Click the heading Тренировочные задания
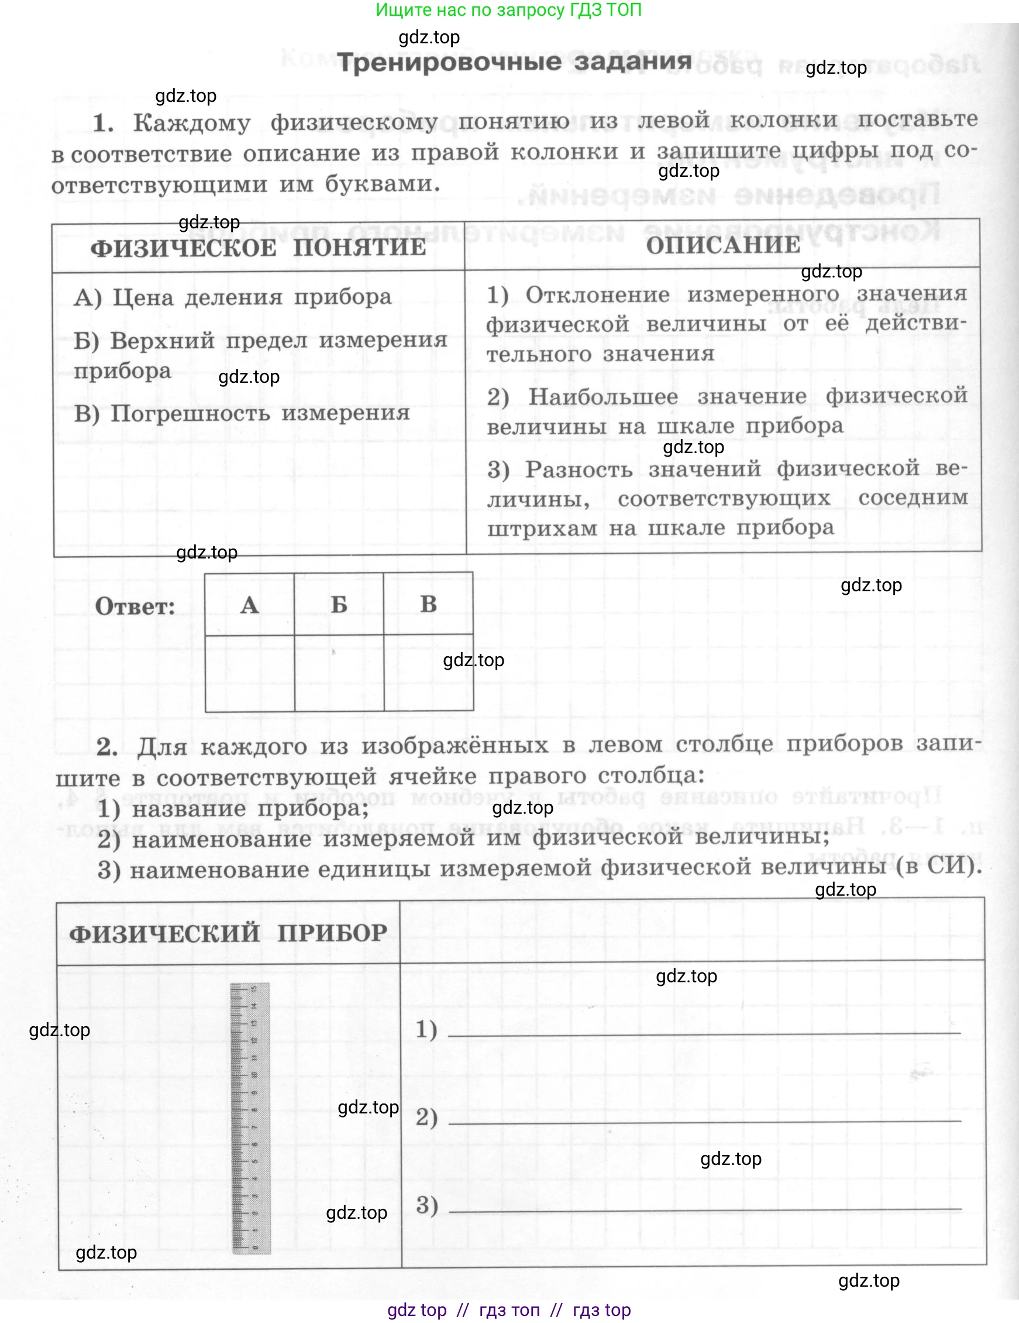(x=514, y=62)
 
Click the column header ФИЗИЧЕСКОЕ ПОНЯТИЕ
(x=258, y=248)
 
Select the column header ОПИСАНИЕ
(x=723, y=245)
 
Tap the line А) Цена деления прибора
(x=233, y=297)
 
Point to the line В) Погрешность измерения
(x=242, y=413)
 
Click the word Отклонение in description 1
(x=597, y=295)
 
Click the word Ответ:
(x=135, y=606)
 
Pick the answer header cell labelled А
(x=249, y=605)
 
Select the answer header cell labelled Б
(x=339, y=605)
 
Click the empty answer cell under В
(x=429, y=673)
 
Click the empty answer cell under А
(x=249, y=673)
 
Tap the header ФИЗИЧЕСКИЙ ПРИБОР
(x=228, y=933)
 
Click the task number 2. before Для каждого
(x=106, y=747)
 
